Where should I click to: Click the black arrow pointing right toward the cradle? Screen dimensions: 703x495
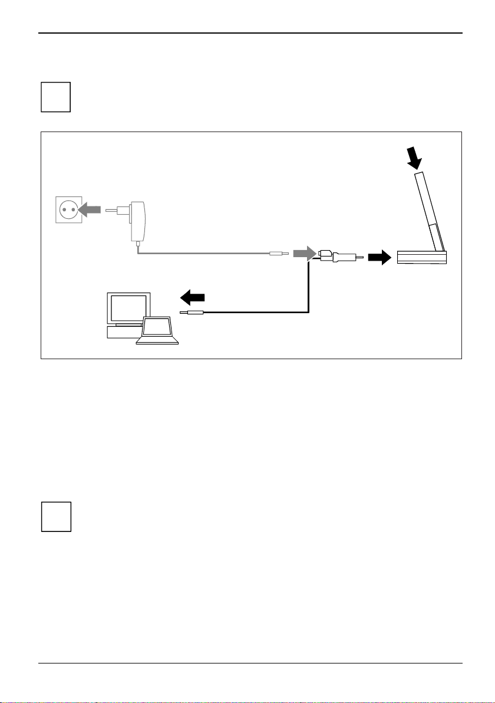tap(378, 257)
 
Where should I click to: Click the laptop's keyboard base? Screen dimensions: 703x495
tap(157, 341)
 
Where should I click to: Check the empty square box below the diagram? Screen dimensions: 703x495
tap(55, 517)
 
